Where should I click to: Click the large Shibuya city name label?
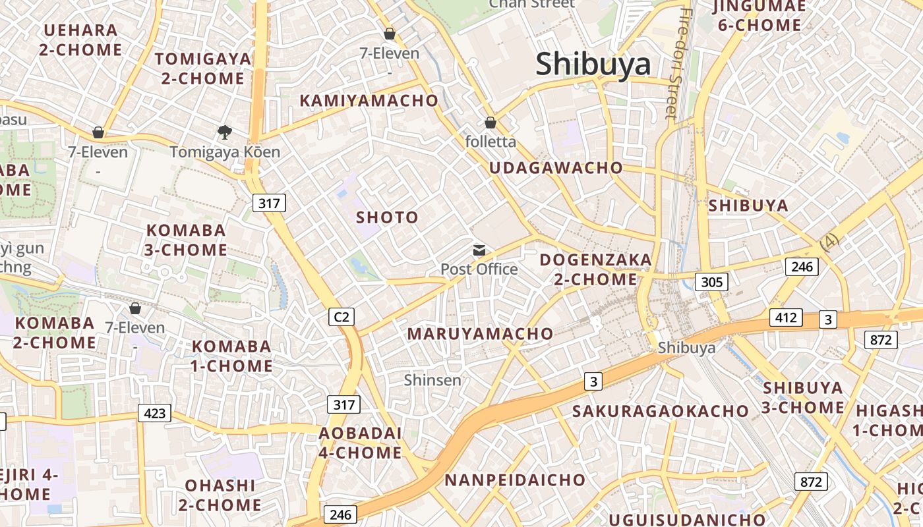point(593,65)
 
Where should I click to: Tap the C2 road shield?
point(342,317)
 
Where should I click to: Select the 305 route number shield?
point(711,282)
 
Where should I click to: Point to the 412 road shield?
point(786,318)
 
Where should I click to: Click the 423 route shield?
point(154,413)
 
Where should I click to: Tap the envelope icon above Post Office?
point(479,250)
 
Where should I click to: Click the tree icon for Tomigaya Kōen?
point(225,132)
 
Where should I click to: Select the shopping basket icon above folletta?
point(491,123)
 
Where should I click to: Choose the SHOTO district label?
point(387,217)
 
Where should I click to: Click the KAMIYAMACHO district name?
point(369,100)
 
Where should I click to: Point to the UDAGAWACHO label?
point(556,168)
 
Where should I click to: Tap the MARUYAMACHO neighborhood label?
point(480,334)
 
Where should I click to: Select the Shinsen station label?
point(432,380)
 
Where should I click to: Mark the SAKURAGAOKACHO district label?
point(660,412)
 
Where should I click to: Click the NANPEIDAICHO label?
point(515,480)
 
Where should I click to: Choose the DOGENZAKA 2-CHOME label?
point(595,269)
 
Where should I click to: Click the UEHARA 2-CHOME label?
point(80,40)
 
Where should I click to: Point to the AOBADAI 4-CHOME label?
point(360,443)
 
